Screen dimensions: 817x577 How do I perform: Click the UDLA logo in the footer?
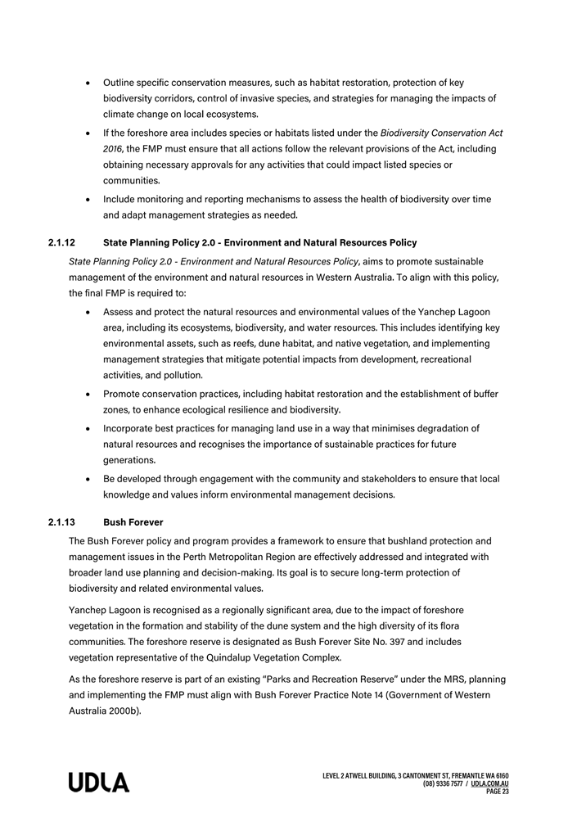(x=99, y=783)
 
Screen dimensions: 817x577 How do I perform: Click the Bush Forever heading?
(x=133, y=521)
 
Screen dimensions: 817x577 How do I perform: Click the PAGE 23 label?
(x=498, y=792)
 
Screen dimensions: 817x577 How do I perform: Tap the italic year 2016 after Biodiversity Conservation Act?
(x=114, y=149)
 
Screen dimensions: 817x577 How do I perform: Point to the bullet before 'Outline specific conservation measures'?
(x=88, y=83)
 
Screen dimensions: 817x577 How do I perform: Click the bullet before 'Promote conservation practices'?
(x=88, y=394)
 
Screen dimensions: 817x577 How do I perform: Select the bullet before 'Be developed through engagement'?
(x=88, y=479)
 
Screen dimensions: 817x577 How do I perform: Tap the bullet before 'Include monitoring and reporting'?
(x=88, y=200)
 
